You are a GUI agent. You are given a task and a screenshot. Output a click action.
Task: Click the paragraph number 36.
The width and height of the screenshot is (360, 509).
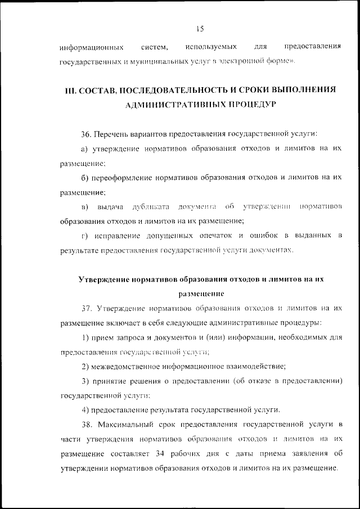86,134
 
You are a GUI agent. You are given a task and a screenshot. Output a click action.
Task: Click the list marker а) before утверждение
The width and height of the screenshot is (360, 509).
85,148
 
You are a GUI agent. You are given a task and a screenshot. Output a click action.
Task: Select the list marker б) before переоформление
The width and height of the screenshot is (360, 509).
85,177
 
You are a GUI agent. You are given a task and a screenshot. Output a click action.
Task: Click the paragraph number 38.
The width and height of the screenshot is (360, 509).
86,425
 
